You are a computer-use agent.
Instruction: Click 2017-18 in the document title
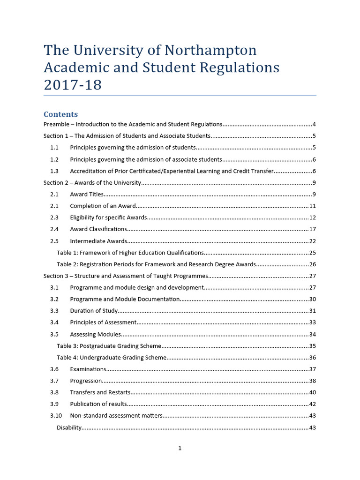tap(72, 85)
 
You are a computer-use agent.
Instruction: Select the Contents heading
tap(60, 114)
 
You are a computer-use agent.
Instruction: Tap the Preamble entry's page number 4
tap(314, 125)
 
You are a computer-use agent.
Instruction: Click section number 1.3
tap(54, 171)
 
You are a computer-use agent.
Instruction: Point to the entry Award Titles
tap(87, 195)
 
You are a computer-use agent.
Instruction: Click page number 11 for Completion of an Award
tap(313, 206)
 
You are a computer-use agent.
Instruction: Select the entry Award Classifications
tap(98, 229)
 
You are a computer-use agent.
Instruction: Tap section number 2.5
tap(54, 241)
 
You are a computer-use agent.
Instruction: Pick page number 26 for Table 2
tap(313, 264)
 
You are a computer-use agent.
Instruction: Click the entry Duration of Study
tap(93, 311)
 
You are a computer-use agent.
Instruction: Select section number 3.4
tap(54, 322)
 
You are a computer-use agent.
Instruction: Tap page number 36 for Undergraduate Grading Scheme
tap(313, 358)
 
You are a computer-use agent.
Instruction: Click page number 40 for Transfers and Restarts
tap(313, 392)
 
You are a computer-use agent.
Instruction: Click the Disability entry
tap(69, 427)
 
